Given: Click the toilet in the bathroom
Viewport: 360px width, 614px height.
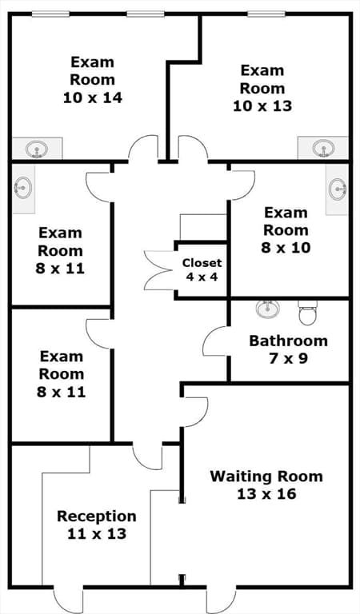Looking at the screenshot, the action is coord(308,313).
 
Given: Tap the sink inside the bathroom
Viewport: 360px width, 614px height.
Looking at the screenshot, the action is coord(267,308).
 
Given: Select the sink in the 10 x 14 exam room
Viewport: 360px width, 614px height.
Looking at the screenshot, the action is coord(38,150).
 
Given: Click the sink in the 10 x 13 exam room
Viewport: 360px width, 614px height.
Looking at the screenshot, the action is coord(324,149).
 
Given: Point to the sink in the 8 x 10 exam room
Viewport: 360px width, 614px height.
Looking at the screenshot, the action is coord(338,189).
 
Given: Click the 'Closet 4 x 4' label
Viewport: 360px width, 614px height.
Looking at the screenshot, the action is coord(202,269).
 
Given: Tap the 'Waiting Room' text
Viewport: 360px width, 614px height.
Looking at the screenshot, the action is coord(266,476).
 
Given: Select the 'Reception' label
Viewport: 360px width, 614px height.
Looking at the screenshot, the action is coord(97,516).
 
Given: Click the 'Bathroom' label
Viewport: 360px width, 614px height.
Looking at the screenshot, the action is coord(288,341).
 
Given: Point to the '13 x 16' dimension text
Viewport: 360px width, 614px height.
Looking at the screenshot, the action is coord(266,494).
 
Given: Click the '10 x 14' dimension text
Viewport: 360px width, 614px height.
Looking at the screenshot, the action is coord(93,98).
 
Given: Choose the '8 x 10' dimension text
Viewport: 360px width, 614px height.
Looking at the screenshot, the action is coord(286,248).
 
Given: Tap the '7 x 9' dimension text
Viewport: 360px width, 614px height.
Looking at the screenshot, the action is coord(288,358).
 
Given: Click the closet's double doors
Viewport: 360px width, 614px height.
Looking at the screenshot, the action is coord(158,269).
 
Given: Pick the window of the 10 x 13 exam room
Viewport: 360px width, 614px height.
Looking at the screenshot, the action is coord(266,14).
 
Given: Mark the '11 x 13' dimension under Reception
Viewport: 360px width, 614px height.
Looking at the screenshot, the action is coord(97,534).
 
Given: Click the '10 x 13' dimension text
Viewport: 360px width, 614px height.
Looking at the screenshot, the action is coord(262,106).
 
